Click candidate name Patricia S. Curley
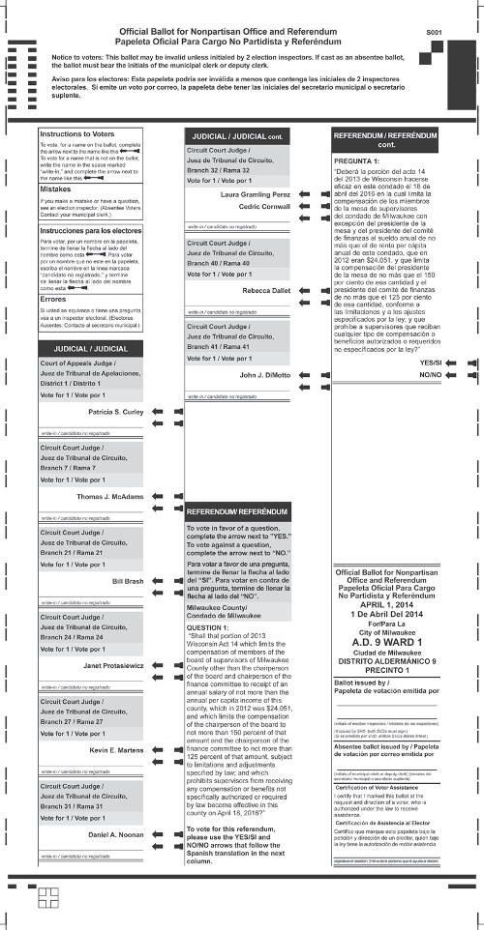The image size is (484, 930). [x=115, y=412]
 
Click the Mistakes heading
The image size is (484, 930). [x=55, y=189]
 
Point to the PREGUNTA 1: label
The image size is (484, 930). [x=355, y=161]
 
